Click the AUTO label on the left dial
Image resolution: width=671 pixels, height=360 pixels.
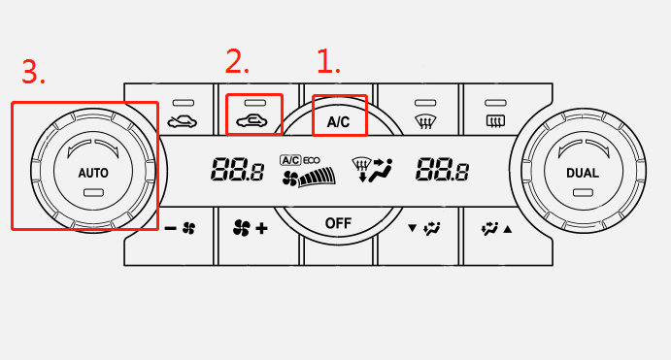(x=93, y=173)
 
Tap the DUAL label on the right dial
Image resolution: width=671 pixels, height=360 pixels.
(x=583, y=173)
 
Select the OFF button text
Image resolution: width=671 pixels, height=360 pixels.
(x=338, y=223)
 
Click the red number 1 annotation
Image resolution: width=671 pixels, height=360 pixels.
(x=328, y=61)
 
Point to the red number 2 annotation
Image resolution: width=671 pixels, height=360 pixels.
(x=237, y=61)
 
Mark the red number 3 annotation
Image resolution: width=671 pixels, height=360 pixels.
(x=33, y=72)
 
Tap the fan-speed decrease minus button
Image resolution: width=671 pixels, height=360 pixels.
(x=181, y=228)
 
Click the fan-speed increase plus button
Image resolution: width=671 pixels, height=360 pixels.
(x=251, y=228)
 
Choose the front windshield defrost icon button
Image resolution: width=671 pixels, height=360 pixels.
(x=425, y=121)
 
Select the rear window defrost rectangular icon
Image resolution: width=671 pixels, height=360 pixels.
(x=495, y=121)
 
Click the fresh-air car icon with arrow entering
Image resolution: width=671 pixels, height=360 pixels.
(x=183, y=122)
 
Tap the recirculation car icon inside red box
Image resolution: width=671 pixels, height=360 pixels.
(x=252, y=121)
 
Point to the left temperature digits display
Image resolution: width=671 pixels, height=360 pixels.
(x=238, y=169)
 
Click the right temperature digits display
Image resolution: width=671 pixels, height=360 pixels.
(x=443, y=169)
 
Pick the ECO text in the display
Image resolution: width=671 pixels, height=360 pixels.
(x=312, y=160)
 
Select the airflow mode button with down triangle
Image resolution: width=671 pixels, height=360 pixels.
(x=424, y=228)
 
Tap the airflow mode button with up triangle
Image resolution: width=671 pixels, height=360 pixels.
(x=496, y=229)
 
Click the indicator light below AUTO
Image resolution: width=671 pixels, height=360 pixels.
(x=93, y=193)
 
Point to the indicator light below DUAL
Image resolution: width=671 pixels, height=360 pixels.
(x=583, y=193)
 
